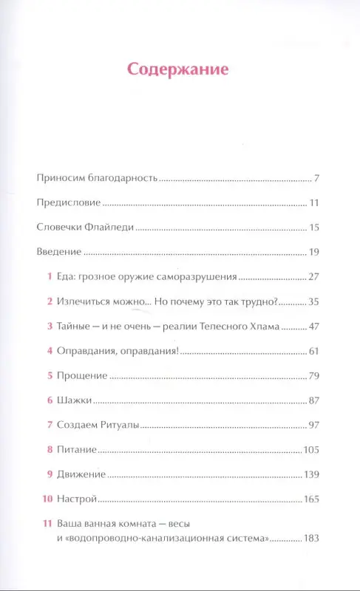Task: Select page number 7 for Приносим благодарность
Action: pyautogui.click(x=316, y=179)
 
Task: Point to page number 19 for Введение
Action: pyautogui.click(x=313, y=252)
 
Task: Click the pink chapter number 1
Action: pyautogui.click(x=48, y=277)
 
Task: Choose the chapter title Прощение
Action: pyautogui.click(x=82, y=376)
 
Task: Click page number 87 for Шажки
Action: pyautogui.click(x=313, y=400)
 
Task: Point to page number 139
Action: pyautogui.click(x=311, y=474)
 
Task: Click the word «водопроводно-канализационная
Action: pyautogui.click(x=137, y=539)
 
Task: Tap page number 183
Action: pyautogui.click(x=310, y=539)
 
